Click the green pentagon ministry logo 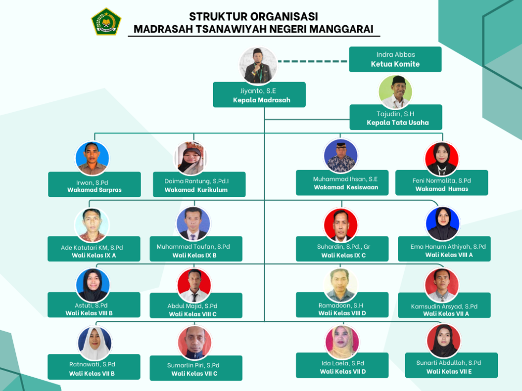106,22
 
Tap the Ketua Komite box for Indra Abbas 395,59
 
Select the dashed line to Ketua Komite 313,61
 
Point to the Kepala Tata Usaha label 397,123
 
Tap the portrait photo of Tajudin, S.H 395,92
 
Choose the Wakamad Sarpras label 94,190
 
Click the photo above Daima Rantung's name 190,158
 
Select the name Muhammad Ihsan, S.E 345,179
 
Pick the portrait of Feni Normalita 442,159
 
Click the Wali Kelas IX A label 94,256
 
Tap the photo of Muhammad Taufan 193,224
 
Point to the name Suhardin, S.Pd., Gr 343,247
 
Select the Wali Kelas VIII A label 449,255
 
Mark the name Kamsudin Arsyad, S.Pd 444,306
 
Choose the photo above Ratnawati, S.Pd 95,343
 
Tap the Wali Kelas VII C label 194,374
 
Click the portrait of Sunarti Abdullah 443,341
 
